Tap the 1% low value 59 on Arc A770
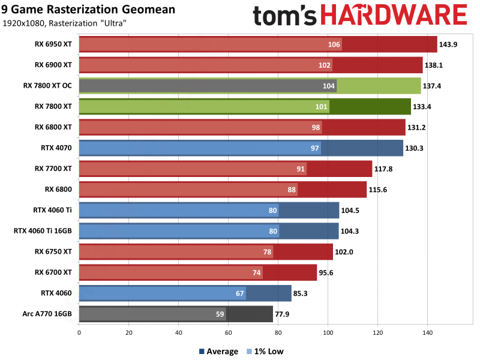[x=220, y=314]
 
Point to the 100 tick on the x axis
[x=328, y=331]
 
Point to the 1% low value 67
[x=239, y=293]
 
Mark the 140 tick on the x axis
[x=427, y=331]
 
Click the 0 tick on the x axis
[x=79, y=331]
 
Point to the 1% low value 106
[x=334, y=45]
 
